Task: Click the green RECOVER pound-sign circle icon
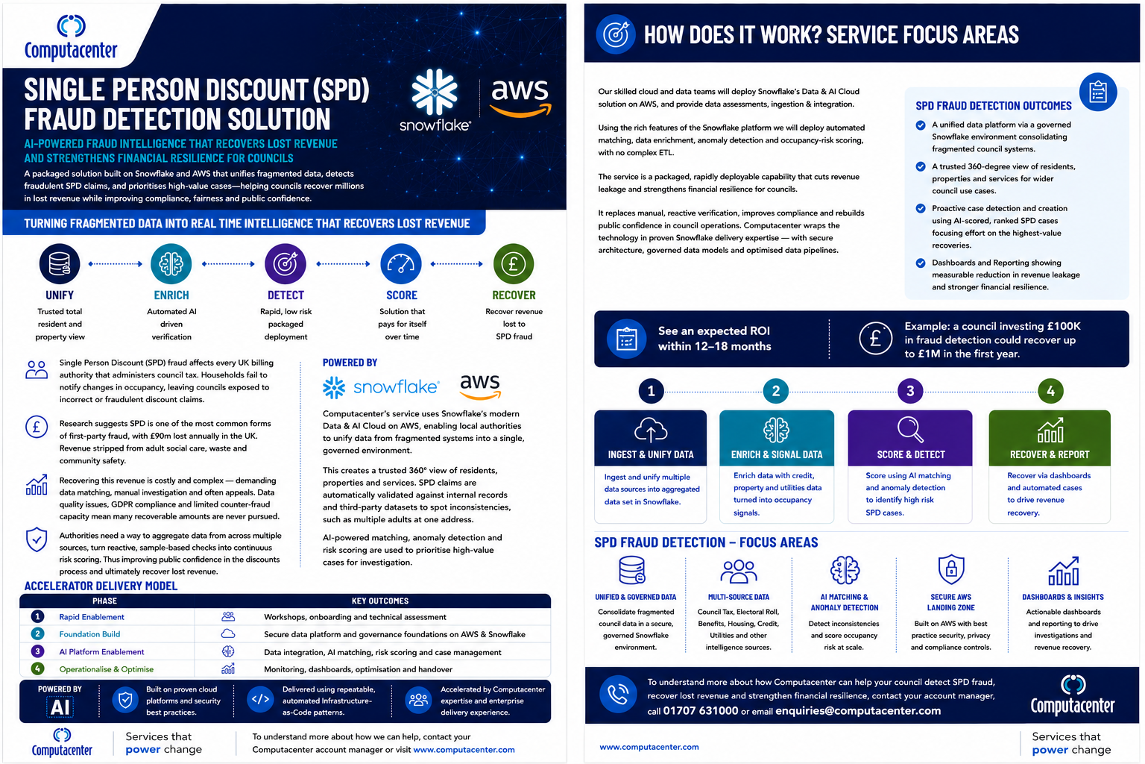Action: tap(513, 264)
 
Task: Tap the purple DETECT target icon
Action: tap(286, 264)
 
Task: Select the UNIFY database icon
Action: tap(60, 264)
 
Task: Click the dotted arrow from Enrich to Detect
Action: tap(228, 264)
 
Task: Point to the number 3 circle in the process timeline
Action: tap(910, 392)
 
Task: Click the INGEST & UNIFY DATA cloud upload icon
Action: tap(650, 430)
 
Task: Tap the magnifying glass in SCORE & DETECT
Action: tap(910, 429)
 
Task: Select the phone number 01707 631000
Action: tap(700, 711)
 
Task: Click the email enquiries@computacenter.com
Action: tap(858, 711)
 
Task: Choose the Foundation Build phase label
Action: tap(89, 634)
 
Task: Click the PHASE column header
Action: tap(105, 601)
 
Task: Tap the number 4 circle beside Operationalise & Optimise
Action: tap(37, 668)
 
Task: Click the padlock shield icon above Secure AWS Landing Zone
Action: tap(950, 569)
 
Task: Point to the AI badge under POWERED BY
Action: tap(60, 707)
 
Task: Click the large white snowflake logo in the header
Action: tap(435, 92)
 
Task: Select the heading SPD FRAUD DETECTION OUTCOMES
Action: tap(993, 106)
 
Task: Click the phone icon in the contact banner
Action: tap(617, 695)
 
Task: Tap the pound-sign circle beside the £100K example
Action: tap(875, 338)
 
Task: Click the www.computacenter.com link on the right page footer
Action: tap(649, 747)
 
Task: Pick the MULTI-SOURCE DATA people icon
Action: tap(738, 572)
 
